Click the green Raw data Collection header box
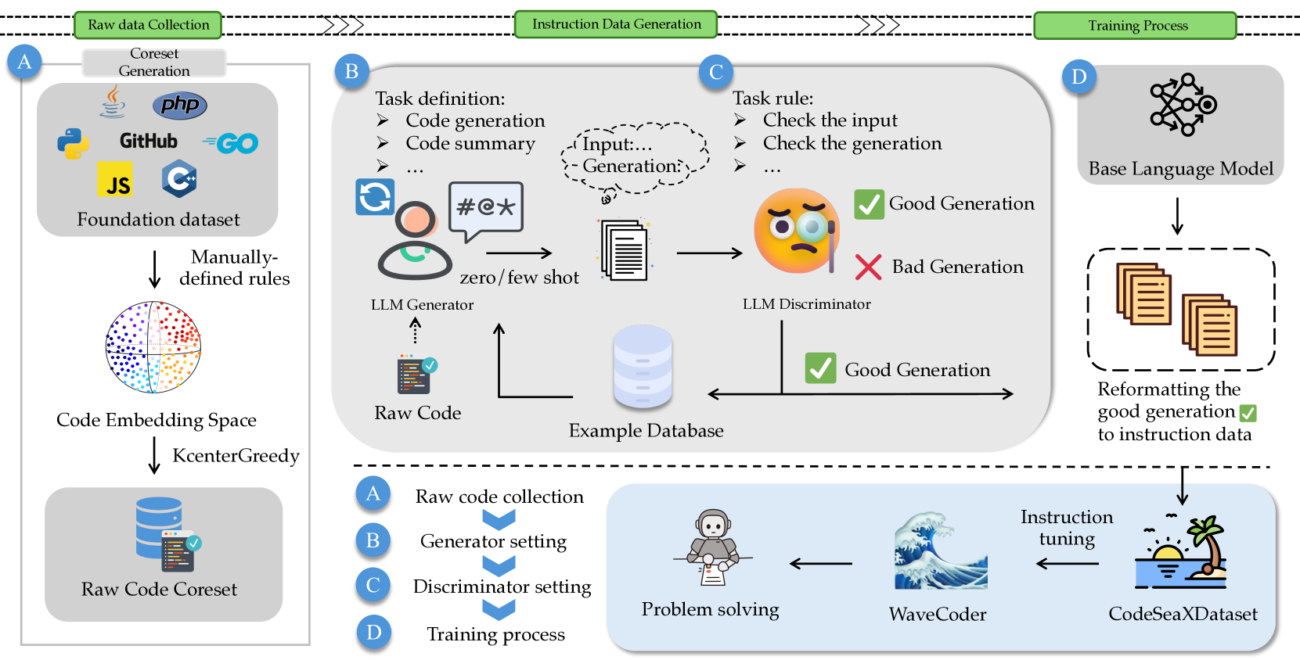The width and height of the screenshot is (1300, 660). tap(148, 25)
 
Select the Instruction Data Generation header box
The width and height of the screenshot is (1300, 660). tap(616, 24)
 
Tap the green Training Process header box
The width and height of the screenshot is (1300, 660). tap(1135, 26)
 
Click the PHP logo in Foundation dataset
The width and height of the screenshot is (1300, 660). tap(180, 105)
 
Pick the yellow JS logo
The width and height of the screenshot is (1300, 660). tap(115, 180)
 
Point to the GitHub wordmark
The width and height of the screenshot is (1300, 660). tap(149, 142)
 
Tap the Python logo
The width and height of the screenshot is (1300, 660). tap(73, 144)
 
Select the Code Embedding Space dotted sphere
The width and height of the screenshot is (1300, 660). tap(153, 347)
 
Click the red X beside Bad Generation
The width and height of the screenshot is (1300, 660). tap(868, 267)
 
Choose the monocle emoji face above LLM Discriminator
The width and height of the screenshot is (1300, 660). tap(795, 231)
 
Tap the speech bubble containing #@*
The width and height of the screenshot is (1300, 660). tap(485, 209)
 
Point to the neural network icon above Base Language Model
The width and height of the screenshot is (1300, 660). tap(1182, 105)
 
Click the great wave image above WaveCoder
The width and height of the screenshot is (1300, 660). tap(940, 551)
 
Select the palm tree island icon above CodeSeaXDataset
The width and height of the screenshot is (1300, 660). tap(1181, 553)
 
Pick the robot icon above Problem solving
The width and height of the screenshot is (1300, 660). tap(712, 546)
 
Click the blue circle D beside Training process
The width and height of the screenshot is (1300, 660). tap(373, 632)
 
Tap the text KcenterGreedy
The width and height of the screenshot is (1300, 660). tap(236, 456)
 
